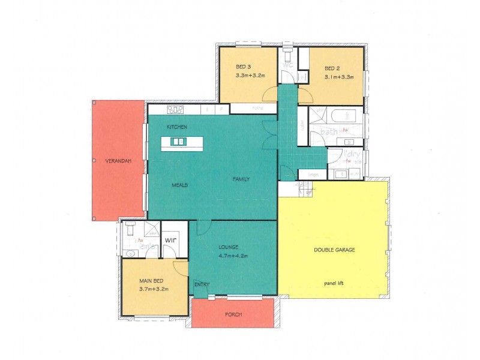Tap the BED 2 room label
(x=332, y=68)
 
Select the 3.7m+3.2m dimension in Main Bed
(x=154, y=289)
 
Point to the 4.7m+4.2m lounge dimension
(x=233, y=255)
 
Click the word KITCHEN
(x=177, y=127)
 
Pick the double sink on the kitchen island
(x=178, y=142)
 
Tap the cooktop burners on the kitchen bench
(x=175, y=110)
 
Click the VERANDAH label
(x=118, y=161)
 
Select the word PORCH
(x=233, y=314)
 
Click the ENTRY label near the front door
(x=201, y=284)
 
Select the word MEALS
(x=179, y=185)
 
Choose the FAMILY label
(x=241, y=179)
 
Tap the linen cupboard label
(x=313, y=175)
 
